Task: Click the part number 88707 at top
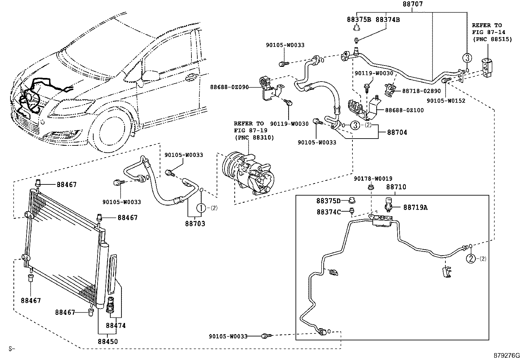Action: coord(412,5)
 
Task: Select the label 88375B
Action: coord(359,19)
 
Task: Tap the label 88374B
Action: coord(387,19)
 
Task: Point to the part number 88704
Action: coord(397,132)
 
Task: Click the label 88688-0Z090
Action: coord(229,87)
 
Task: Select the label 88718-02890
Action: coord(421,91)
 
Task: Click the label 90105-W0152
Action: coord(446,101)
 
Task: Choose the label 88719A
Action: coord(415,207)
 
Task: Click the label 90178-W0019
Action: coord(373,179)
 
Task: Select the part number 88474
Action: coord(116,326)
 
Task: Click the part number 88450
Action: coord(108,341)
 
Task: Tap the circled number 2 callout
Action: coord(470,258)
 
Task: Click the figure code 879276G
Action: coord(507,355)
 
